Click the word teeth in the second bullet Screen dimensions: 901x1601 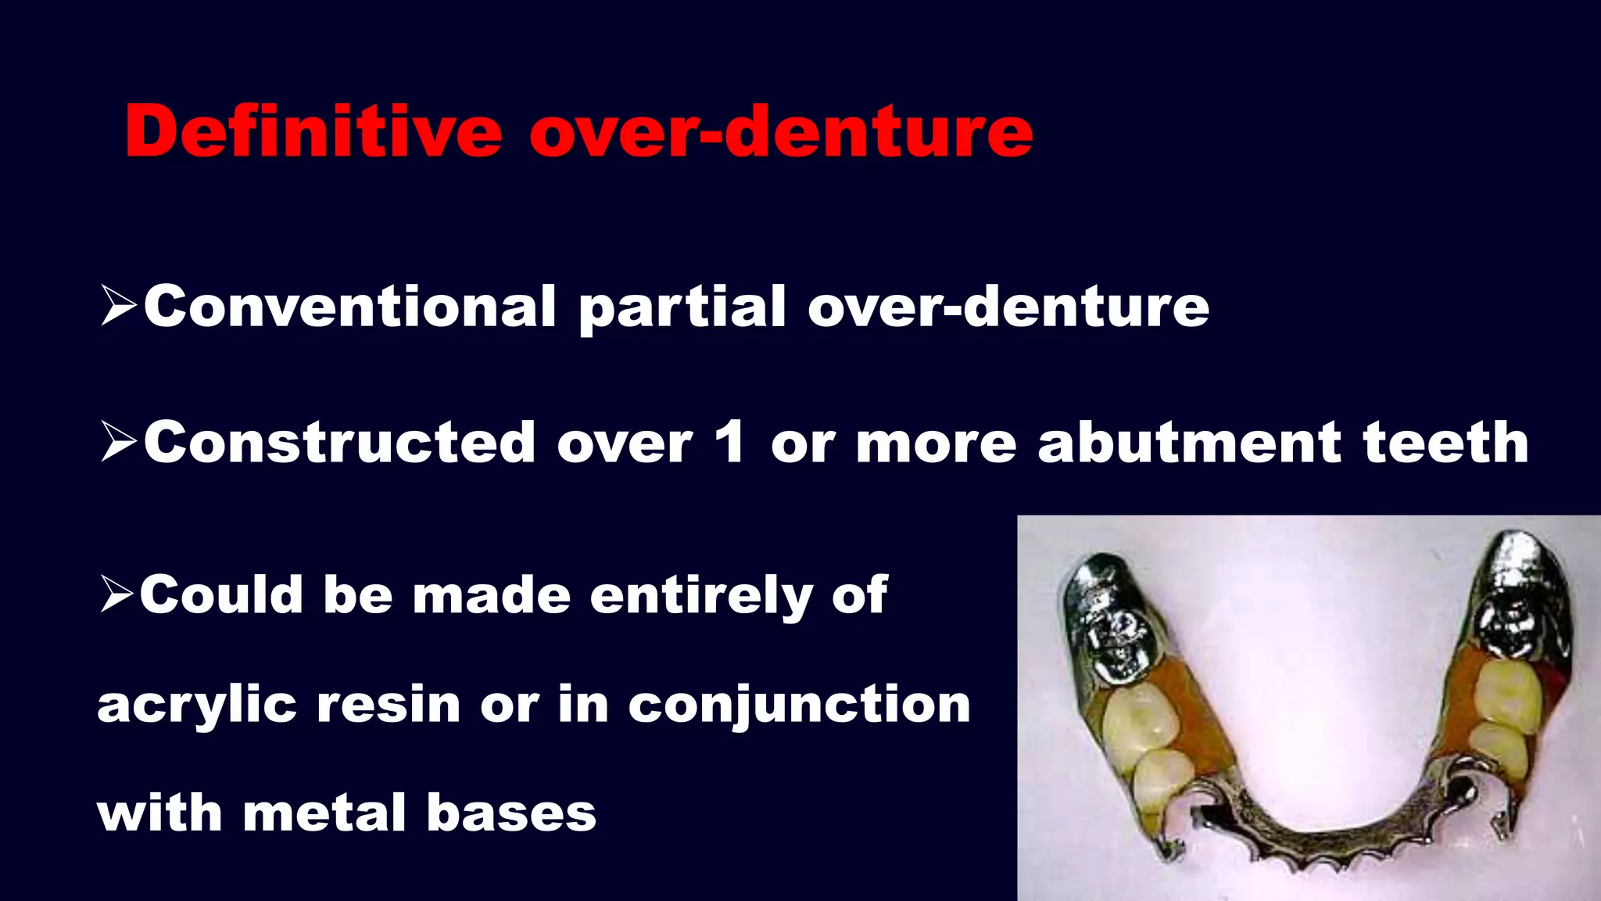(x=1445, y=443)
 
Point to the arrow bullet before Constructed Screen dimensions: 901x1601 (x=119, y=443)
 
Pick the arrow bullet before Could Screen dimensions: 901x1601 (x=117, y=595)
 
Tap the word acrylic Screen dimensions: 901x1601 (x=196, y=706)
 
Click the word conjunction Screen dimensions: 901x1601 (x=799, y=706)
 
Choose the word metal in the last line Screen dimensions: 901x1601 (x=324, y=813)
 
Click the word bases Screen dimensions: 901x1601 (x=511, y=813)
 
